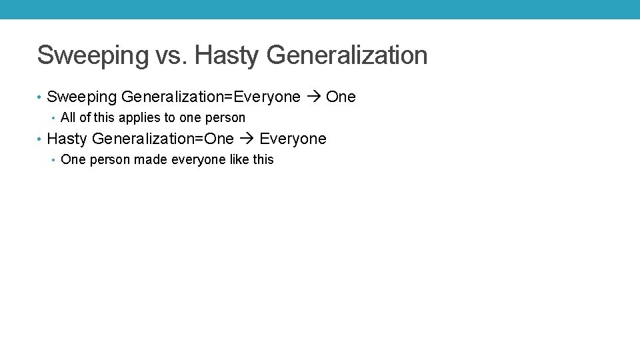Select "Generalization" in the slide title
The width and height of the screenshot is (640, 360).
[347, 55]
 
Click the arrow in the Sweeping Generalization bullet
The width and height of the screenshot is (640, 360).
[313, 97]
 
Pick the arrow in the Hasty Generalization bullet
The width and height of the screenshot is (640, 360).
[247, 139]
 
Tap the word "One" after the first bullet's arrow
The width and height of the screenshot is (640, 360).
[341, 97]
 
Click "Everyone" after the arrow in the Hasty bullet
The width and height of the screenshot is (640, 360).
[293, 139]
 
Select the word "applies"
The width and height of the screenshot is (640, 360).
[137, 118]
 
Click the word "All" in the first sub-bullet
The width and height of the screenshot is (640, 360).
[68, 118]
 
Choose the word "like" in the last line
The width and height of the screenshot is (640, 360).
[239, 160]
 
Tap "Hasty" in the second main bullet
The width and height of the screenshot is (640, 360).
[67, 139]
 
